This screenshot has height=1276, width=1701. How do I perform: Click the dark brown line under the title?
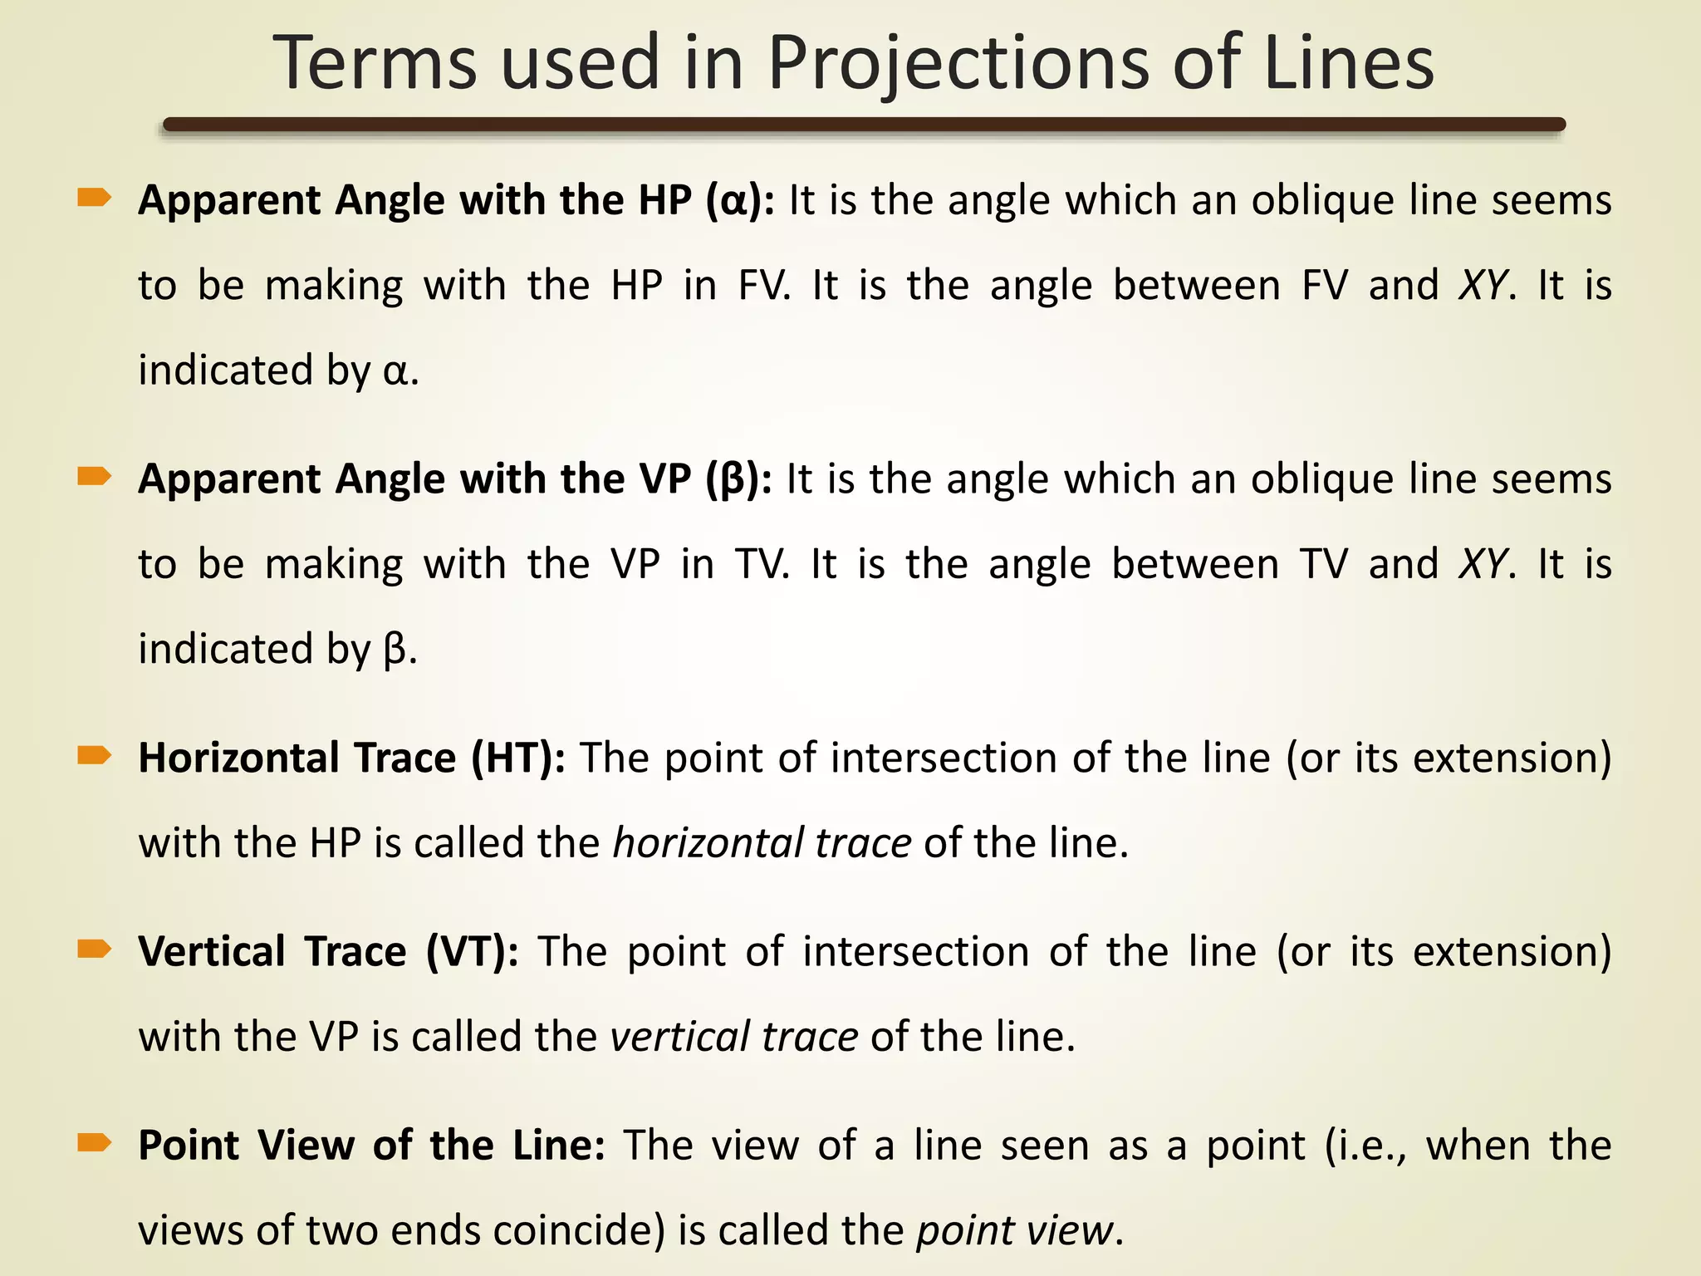[864, 125]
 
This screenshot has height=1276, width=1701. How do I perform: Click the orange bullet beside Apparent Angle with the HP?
[94, 198]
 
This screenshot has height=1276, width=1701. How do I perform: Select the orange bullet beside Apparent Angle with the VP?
[94, 476]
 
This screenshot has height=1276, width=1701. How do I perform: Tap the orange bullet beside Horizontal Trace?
[94, 755]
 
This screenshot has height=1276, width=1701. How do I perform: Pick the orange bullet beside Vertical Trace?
[94, 949]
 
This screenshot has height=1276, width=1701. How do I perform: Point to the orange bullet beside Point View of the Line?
[94, 1143]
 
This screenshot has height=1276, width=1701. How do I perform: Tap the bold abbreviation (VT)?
[473, 952]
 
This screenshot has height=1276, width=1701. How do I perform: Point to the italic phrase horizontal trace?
[762, 843]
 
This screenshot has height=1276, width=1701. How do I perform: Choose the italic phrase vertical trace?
[734, 1037]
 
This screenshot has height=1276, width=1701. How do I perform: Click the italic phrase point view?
[1013, 1230]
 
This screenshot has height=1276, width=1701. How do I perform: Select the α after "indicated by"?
[396, 371]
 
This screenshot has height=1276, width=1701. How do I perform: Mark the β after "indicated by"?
[395, 650]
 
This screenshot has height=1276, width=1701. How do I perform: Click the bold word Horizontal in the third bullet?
[238, 758]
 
